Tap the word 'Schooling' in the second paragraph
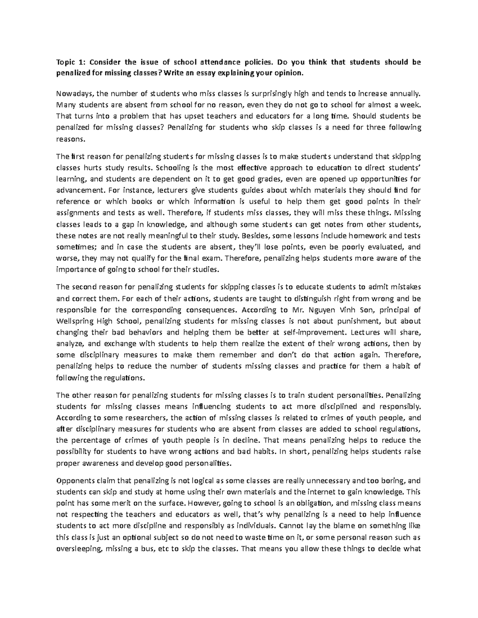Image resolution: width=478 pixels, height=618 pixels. pyautogui.click(x=173, y=168)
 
